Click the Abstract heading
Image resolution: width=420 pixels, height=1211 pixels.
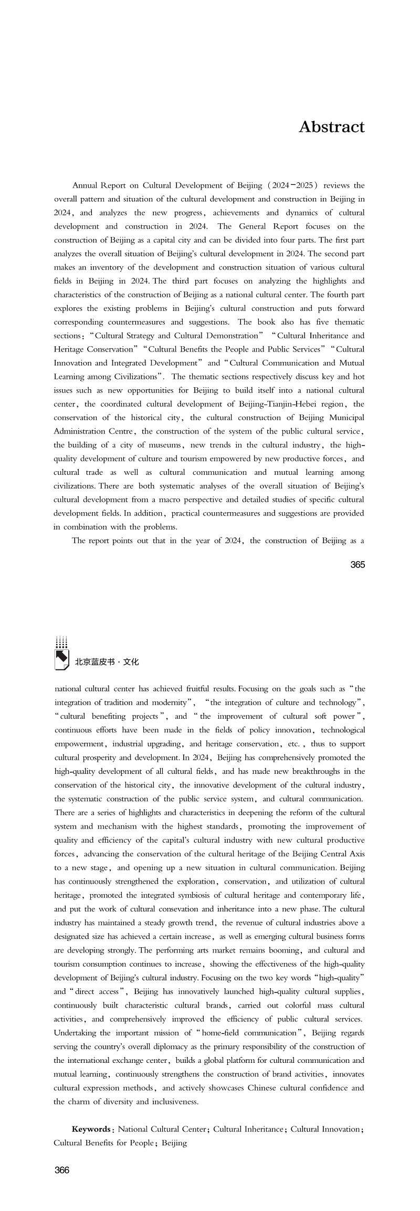pyautogui.click(x=331, y=127)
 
